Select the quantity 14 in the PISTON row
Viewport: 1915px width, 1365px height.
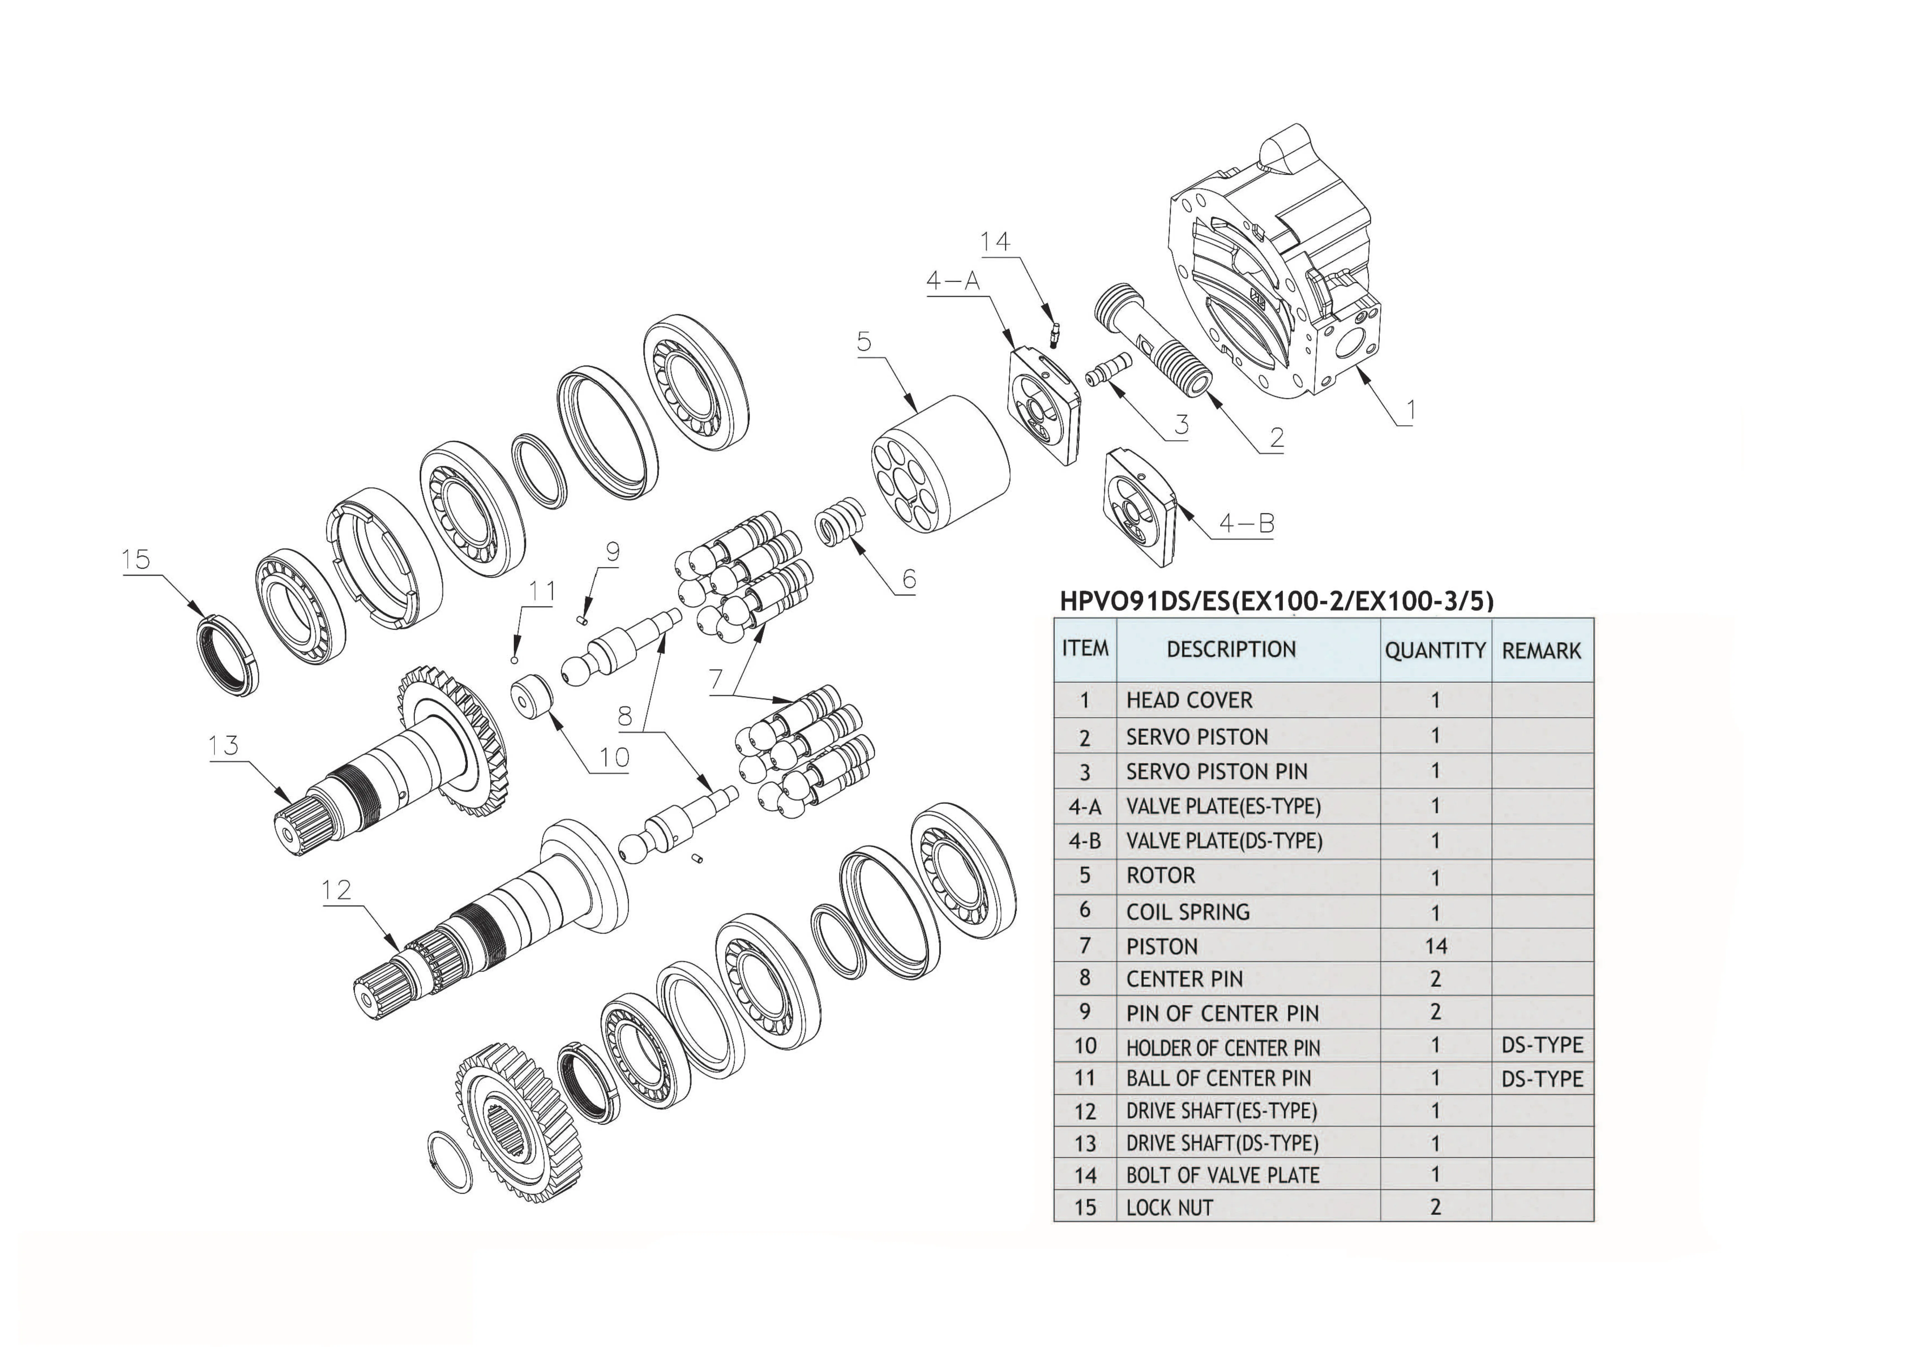click(1435, 946)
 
